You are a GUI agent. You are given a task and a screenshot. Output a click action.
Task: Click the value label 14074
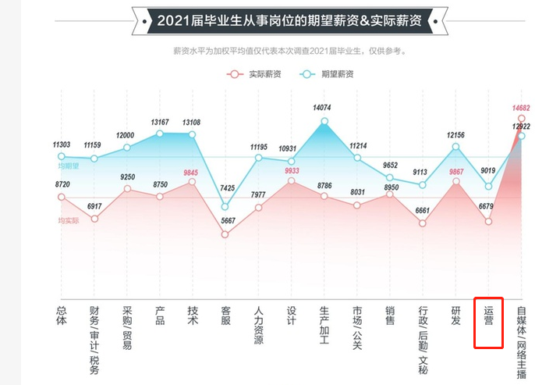(x=323, y=107)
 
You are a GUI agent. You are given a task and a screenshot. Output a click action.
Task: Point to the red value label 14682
(x=521, y=107)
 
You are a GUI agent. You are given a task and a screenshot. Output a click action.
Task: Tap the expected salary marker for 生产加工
(x=324, y=121)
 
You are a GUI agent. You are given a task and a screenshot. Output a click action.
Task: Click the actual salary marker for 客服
(x=225, y=233)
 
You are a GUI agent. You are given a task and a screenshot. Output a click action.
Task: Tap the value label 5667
(x=228, y=220)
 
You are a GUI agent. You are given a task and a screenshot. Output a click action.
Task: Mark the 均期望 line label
(x=69, y=166)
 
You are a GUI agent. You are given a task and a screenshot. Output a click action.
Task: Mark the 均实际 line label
(x=69, y=221)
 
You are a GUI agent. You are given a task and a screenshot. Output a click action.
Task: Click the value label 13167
(x=160, y=122)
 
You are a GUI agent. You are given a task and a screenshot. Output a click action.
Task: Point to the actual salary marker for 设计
(x=291, y=181)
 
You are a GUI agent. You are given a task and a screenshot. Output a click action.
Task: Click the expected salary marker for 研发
(x=456, y=147)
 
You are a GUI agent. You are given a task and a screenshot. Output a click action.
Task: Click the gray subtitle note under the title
(x=289, y=52)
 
